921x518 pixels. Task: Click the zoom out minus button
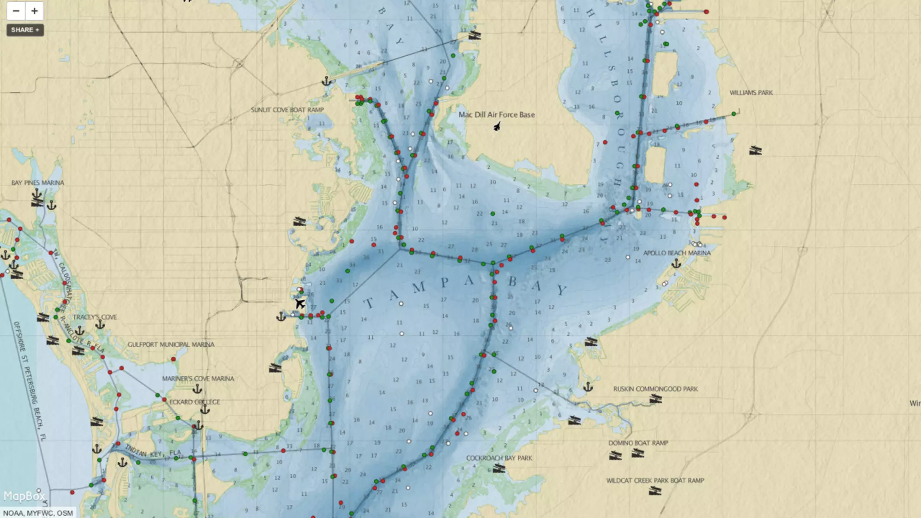click(x=16, y=11)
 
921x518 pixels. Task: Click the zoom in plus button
click(x=35, y=11)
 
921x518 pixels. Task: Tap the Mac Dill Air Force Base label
click(x=496, y=115)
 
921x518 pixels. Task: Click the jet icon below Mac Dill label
click(x=497, y=126)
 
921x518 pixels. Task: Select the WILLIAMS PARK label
click(x=751, y=93)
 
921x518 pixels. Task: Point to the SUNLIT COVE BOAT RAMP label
click(x=287, y=110)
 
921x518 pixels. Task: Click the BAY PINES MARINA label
click(x=38, y=183)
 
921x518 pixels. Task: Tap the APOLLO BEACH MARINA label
click(x=677, y=253)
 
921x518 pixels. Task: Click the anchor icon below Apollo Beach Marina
click(x=676, y=264)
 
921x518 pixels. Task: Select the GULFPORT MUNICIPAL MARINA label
click(x=171, y=344)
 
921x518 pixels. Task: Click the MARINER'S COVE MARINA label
click(x=198, y=379)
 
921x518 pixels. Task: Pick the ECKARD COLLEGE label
click(x=195, y=402)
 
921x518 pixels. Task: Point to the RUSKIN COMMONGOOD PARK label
click(x=655, y=389)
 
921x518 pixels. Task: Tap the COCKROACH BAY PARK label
click(x=499, y=458)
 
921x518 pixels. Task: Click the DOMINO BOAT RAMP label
click(x=638, y=443)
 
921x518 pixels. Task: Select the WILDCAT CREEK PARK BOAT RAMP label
click(x=655, y=481)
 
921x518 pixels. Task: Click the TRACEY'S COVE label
click(x=95, y=317)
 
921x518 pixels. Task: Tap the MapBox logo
click(x=24, y=496)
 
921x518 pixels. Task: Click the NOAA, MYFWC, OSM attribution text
click(x=38, y=513)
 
